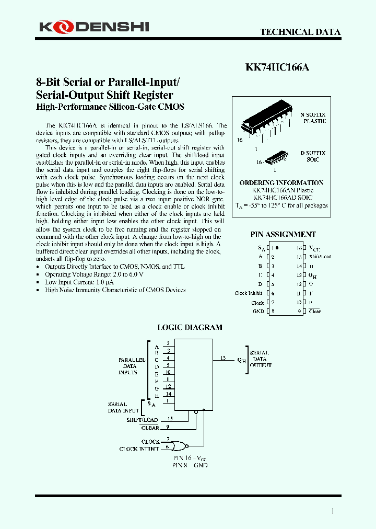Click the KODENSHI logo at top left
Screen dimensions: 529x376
tap(94, 26)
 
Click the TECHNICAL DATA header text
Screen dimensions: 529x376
tap(300, 32)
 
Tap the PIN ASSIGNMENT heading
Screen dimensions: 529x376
tap(283, 235)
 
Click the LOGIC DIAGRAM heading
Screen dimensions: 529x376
tap(190, 328)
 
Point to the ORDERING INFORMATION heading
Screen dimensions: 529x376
tap(281, 183)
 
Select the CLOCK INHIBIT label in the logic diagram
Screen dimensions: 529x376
tap(139, 449)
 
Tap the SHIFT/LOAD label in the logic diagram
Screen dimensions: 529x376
tap(143, 420)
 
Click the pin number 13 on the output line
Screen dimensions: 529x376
tap(224, 358)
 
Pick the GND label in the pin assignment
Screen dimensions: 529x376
tap(258, 312)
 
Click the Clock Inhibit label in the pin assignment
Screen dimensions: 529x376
tap(249, 293)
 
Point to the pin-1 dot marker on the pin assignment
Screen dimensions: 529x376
tap(277, 248)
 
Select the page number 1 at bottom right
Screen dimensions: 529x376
tap(333, 511)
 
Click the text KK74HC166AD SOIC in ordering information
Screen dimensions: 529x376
tap(283, 198)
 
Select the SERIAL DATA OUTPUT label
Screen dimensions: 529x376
tap(260, 359)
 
